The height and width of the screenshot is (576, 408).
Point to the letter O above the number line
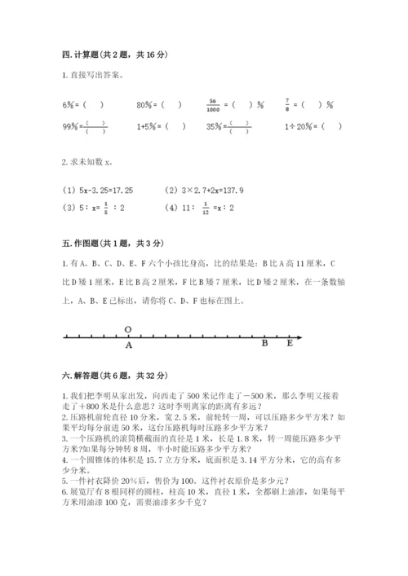click(x=128, y=329)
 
